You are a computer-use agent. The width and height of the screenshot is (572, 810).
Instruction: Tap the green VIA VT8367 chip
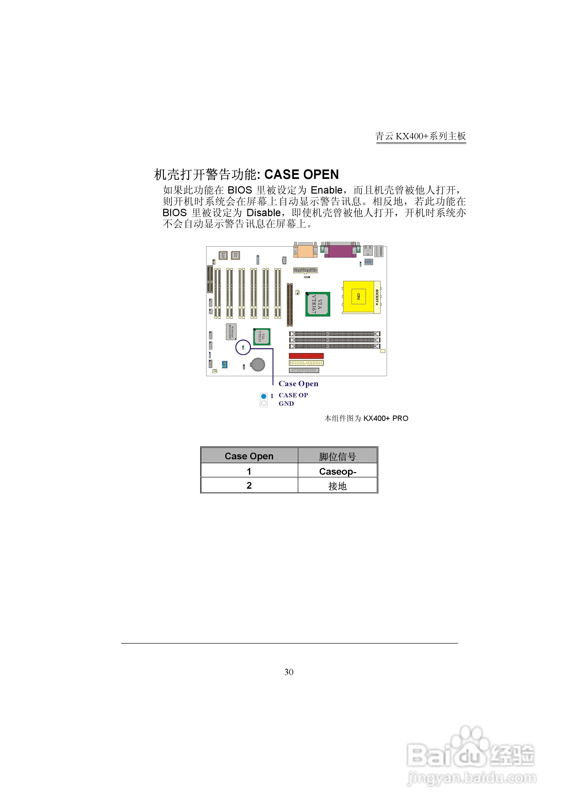pyautogui.click(x=317, y=304)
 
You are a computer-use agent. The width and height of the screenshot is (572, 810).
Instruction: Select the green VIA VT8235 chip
pyautogui.click(x=262, y=336)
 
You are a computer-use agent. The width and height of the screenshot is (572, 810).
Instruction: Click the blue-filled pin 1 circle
pyautogui.click(x=263, y=396)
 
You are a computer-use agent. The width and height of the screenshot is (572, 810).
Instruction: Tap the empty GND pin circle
pyautogui.click(x=263, y=403)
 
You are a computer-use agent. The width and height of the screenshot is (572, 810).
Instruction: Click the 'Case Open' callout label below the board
pyautogui.click(x=298, y=384)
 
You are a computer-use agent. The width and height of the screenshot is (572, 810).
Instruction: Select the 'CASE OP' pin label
pyautogui.click(x=293, y=395)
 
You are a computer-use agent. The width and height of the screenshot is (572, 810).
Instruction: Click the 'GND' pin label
pyautogui.click(x=286, y=404)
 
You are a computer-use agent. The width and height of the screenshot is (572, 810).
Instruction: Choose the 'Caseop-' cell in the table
pyautogui.click(x=337, y=471)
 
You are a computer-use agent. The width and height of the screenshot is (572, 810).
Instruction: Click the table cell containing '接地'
pyautogui.click(x=337, y=486)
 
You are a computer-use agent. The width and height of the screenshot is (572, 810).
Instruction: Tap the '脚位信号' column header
pyautogui.click(x=337, y=456)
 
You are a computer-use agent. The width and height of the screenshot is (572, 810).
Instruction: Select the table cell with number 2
pyautogui.click(x=249, y=485)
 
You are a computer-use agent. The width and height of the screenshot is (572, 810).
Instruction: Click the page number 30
pyautogui.click(x=289, y=672)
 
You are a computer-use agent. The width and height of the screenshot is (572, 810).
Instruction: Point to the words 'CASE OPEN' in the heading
pyautogui.click(x=302, y=174)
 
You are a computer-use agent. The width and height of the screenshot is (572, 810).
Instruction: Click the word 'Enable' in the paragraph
pyautogui.click(x=326, y=190)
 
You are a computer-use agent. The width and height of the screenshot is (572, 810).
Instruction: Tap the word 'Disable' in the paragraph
pyautogui.click(x=263, y=213)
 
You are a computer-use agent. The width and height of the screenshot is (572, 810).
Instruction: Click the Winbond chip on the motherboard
pyautogui.click(x=231, y=332)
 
